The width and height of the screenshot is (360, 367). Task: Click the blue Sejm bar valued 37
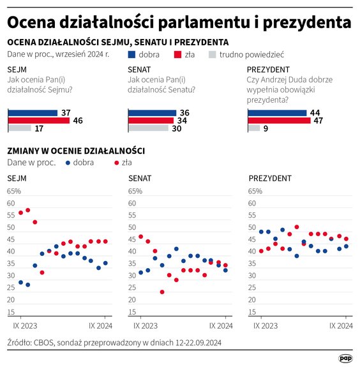(x=31, y=112)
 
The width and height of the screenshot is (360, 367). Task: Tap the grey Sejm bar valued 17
(x=19, y=128)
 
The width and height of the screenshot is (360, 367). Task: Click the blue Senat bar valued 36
(x=151, y=112)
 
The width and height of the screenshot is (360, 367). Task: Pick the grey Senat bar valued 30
(x=147, y=128)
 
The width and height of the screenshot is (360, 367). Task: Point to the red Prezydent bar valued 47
(x=278, y=120)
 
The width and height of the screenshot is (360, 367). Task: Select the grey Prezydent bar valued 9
(x=253, y=128)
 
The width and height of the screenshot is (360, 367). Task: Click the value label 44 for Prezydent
(x=315, y=112)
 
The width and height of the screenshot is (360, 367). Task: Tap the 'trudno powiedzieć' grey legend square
(x=212, y=55)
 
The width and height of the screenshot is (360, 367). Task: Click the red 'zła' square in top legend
(x=177, y=55)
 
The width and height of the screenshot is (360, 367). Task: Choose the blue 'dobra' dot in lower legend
(x=68, y=163)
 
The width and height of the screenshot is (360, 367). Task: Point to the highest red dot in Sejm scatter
(x=27, y=210)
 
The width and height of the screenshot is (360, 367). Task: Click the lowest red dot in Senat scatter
(x=162, y=292)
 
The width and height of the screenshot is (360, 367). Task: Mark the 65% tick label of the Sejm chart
(x=13, y=191)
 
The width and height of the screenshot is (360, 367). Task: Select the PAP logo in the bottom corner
(x=345, y=359)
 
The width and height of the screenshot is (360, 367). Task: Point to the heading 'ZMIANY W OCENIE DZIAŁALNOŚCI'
(x=75, y=151)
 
